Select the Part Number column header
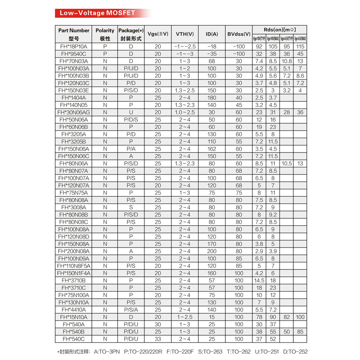74,31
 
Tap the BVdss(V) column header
239,34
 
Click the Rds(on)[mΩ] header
279,29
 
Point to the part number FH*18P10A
74,46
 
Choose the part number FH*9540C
74,54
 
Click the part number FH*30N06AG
74,112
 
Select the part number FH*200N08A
74,251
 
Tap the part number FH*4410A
74,310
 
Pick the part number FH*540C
74,339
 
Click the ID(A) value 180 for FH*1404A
212,98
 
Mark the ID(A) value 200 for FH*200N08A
212,251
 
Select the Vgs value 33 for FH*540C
158,339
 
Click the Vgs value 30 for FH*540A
158,324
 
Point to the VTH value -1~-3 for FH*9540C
185,54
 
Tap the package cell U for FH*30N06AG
131,112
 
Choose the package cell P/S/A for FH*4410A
131,310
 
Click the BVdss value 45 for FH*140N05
239,105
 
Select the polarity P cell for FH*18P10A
105,46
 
